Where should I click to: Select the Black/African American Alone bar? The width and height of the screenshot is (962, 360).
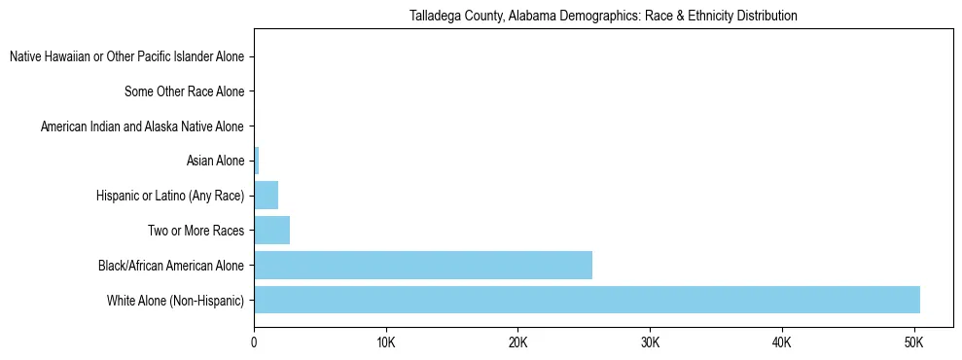point(423,265)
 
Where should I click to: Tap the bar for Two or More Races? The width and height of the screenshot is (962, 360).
point(271,231)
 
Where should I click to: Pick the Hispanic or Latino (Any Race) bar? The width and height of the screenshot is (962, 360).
point(266,196)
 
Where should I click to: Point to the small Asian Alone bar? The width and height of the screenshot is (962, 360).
point(257,161)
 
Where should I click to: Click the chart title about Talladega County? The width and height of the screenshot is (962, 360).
point(603,17)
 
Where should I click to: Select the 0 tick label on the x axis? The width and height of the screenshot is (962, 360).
point(254,343)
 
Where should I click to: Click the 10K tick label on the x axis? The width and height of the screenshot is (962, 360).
point(386,343)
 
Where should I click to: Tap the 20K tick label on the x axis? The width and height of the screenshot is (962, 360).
point(517,343)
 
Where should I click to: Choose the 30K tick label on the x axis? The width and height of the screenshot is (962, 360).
point(650,343)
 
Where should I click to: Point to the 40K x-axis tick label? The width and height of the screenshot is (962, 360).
point(782,343)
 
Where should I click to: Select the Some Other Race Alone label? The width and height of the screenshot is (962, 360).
point(184,92)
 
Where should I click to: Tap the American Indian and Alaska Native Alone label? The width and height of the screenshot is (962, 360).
point(142,126)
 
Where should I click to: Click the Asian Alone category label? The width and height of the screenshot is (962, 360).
point(215,162)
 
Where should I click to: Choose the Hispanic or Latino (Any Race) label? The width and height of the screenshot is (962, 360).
point(170,197)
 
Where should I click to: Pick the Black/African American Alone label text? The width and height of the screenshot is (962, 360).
point(171,266)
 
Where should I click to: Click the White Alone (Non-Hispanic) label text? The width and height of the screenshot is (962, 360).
point(175,301)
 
